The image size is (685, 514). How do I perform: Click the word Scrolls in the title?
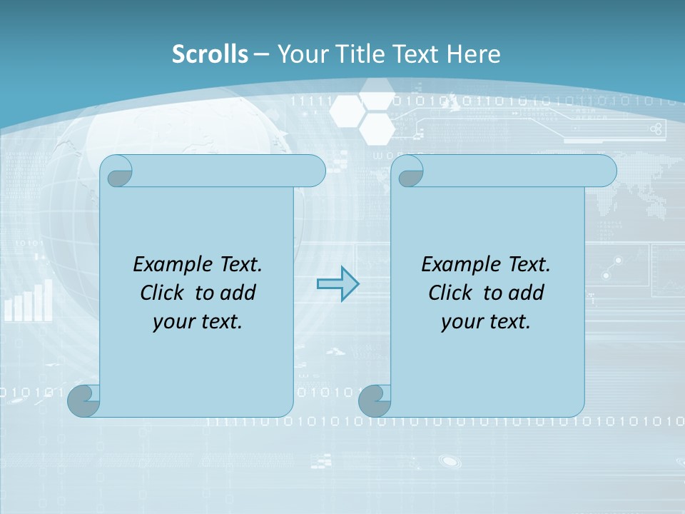210,54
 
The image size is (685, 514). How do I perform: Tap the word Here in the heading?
474,54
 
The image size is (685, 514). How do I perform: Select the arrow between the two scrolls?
338,284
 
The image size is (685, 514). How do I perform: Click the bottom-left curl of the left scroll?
83,400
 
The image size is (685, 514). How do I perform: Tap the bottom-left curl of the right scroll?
374,400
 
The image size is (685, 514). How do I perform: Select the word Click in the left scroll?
163,293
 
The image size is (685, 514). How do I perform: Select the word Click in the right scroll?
450,293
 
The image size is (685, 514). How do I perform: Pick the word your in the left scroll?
173,322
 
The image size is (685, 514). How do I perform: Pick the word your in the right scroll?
461,322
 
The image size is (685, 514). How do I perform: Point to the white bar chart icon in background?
29,301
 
